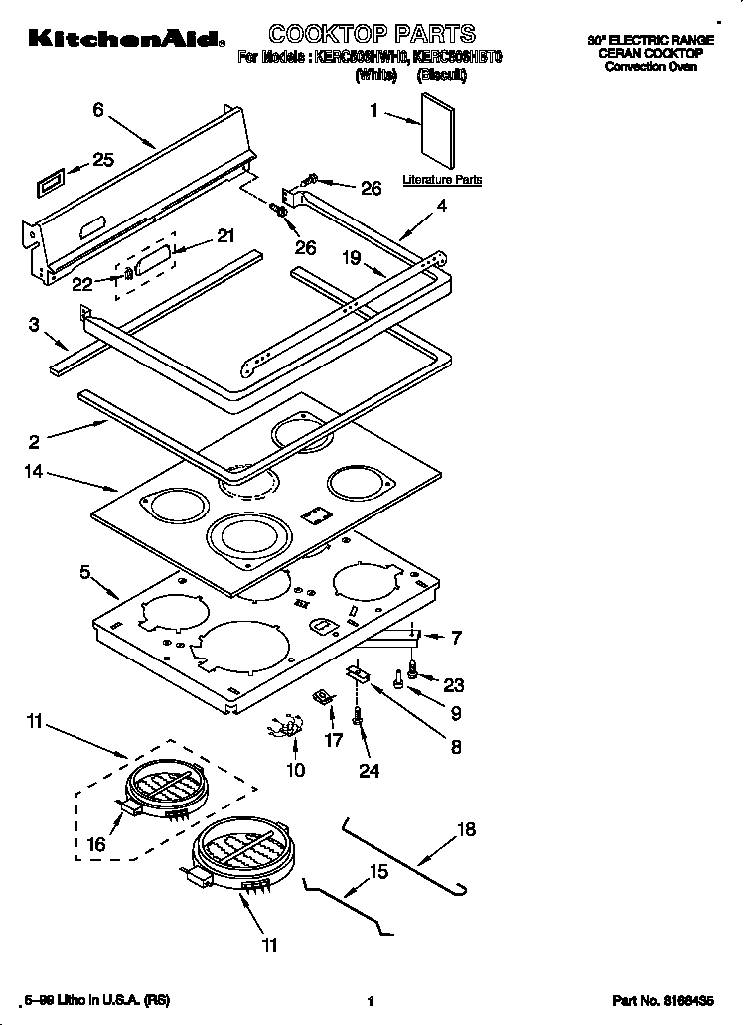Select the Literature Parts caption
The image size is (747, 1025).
tap(442, 180)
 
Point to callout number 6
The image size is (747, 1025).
tap(98, 110)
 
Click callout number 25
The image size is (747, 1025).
tap(103, 159)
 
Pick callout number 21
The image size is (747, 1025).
tap(225, 236)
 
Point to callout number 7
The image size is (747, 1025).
tap(457, 637)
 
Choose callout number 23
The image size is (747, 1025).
tap(454, 683)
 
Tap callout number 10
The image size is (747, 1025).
tap(296, 768)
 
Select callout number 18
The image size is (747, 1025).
tap(466, 829)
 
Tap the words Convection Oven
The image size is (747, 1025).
tap(652, 67)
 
